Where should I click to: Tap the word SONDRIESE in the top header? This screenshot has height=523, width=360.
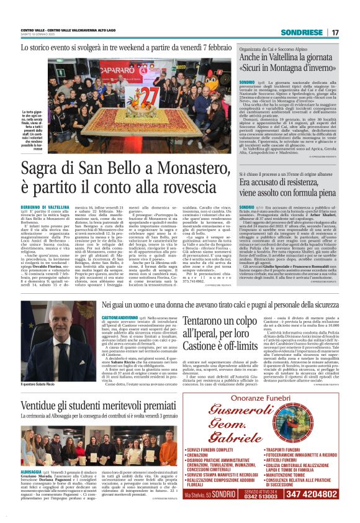pos(301,32)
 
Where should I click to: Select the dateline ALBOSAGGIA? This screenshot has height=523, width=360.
pos(32,473)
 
